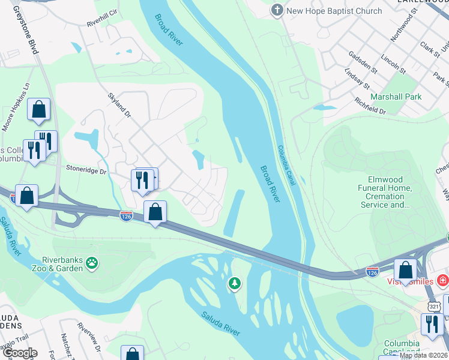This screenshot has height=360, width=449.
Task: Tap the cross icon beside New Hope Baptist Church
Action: [x=277, y=10]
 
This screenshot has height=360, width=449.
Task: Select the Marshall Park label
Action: [x=396, y=97]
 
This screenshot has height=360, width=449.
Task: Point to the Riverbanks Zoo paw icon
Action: [x=91, y=262]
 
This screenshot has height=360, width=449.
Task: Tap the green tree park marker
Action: [x=234, y=283]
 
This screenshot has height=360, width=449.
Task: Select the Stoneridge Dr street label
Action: [x=86, y=172]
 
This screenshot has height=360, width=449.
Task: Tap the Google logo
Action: [x=20, y=353]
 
